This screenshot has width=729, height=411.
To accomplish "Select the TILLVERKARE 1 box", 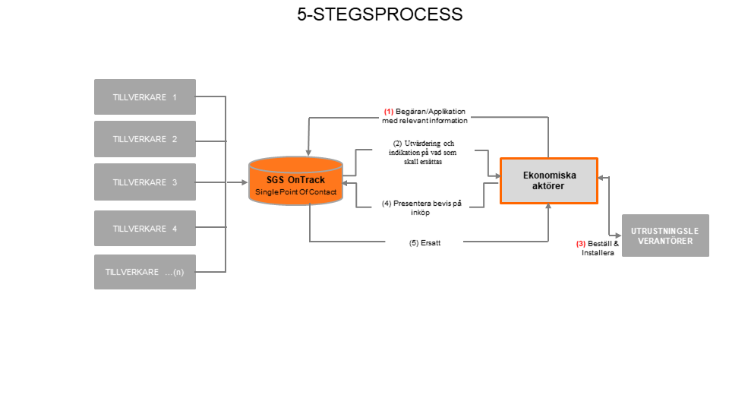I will coord(144,97).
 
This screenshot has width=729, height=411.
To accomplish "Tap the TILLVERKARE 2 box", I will coord(144,139).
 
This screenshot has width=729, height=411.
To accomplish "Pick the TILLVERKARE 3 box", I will coord(144,182).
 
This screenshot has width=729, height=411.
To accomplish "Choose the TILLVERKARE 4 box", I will coord(144,229).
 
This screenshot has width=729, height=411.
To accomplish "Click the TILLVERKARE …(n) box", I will coord(144,272).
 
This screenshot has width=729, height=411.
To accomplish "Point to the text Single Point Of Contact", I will coord(295,192).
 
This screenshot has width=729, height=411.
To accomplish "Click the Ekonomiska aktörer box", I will coord(549,181).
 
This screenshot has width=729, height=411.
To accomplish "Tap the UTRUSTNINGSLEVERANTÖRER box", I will coord(665,236).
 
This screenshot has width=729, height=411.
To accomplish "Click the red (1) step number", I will coord(388,111).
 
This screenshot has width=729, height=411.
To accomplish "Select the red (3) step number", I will coord(581,244).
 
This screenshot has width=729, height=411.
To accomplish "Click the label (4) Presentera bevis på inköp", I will coord(421,207).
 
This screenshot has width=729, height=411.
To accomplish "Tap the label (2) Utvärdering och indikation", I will coord(424,152).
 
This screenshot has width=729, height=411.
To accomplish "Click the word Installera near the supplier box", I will coord(597,253).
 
